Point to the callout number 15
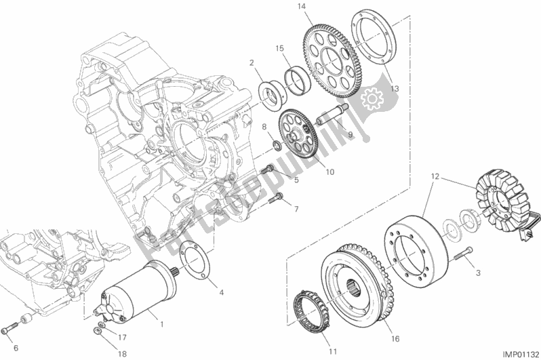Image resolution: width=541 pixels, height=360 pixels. (279, 49)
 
